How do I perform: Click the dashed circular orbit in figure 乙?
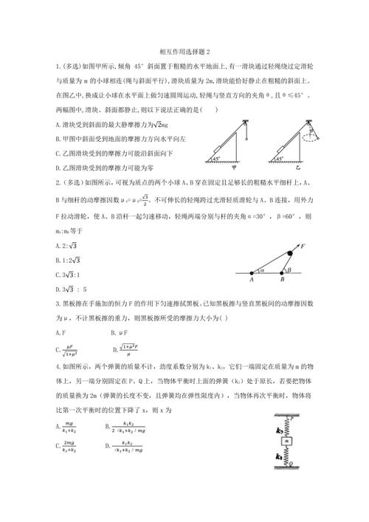[310, 138]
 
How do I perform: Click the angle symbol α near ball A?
[262, 269]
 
